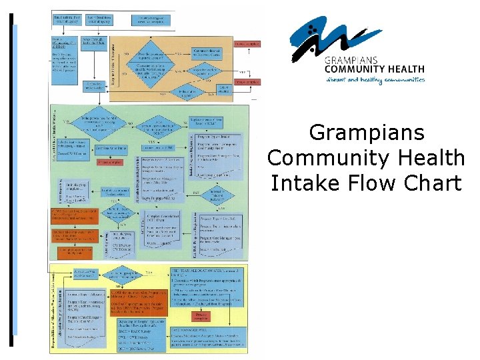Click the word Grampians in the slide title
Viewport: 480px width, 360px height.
[x=367, y=133]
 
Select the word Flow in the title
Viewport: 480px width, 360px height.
[x=365, y=182]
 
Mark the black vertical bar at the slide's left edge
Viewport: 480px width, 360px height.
[x=11, y=180]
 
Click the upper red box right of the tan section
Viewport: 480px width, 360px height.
[x=247, y=45]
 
